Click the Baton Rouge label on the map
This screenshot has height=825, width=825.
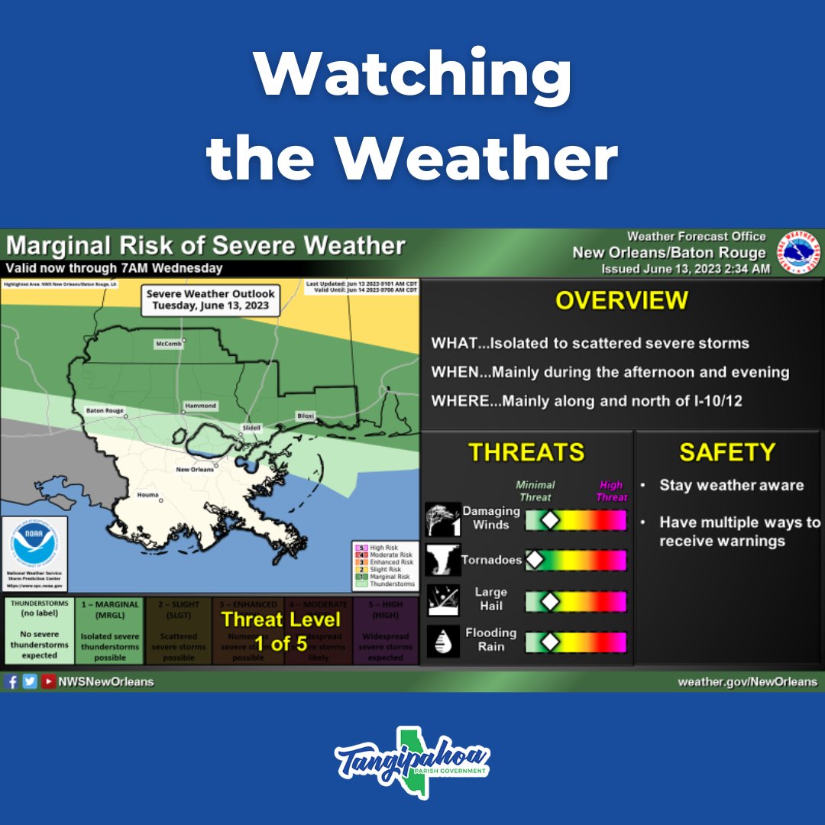click(x=105, y=410)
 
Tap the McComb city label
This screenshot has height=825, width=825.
click(x=169, y=344)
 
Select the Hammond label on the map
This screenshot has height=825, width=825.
click(x=200, y=406)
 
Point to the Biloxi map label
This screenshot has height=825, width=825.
click(x=306, y=416)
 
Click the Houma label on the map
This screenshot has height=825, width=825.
click(x=147, y=495)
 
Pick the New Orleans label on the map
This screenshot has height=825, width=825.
click(x=194, y=470)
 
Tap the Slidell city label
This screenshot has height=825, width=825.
click(x=251, y=427)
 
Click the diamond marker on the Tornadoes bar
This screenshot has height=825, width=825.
click(x=535, y=560)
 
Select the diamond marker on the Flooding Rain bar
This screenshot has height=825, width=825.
click(x=548, y=642)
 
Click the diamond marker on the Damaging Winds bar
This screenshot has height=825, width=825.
click(x=548, y=520)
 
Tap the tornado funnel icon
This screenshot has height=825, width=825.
click(x=443, y=561)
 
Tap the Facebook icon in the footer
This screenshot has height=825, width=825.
click(x=11, y=681)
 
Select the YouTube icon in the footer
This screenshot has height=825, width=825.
click(x=48, y=681)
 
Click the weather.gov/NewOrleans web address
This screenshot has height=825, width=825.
click(x=747, y=681)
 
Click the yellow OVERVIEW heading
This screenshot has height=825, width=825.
click(x=621, y=300)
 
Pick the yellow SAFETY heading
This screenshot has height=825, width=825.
click(x=726, y=452)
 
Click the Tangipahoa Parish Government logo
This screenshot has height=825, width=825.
click(x=412, y=761)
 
